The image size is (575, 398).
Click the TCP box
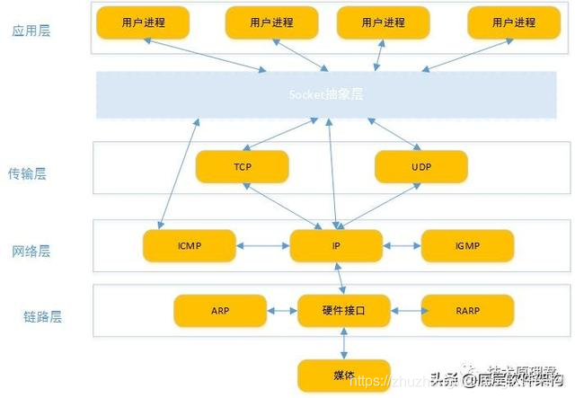(x=242, y=167)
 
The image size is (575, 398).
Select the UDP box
(x=420, y=167)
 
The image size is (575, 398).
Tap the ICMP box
(x=189, y=244)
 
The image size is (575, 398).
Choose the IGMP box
(x=467, y=244)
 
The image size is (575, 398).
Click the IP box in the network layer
(x=335, y=244)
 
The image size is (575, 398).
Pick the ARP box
(x=220, y=311)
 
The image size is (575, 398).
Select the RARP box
(x=467, y=311)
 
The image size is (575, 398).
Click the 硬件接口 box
(x=344, y=311)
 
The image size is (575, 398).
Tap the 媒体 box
(x=344, y=375)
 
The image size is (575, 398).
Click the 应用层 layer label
(x=31, y=31)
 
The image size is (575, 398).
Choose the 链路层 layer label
(x=42, y=316)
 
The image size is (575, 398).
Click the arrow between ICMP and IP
(x=262, y=244)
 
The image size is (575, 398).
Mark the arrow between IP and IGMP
(x=401, y=244)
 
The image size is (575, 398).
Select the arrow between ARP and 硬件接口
(x=282, y=311)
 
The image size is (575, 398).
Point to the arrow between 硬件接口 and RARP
(x=406, y=311)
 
